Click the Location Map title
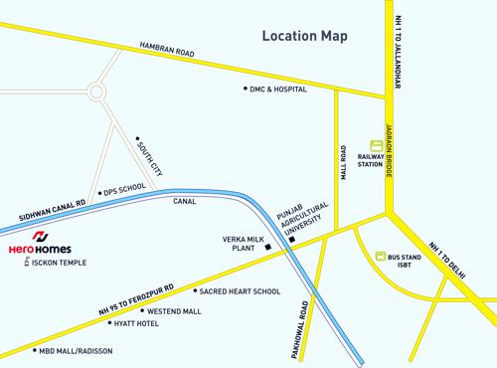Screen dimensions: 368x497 coord(305,37)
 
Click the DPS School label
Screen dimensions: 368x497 coord(125,187)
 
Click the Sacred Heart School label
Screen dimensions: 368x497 coord(240,291)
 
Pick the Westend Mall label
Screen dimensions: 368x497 coord(174,311)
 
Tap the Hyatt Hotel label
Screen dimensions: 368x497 coord(136,324)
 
